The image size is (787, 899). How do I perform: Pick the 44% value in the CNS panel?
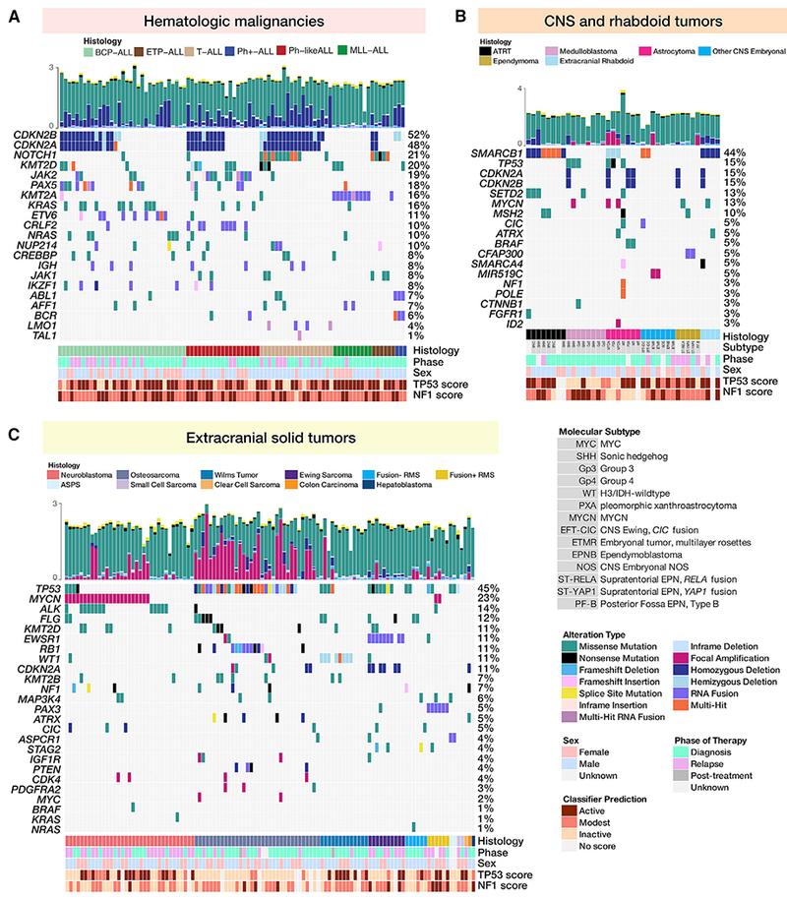pos(733,153)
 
